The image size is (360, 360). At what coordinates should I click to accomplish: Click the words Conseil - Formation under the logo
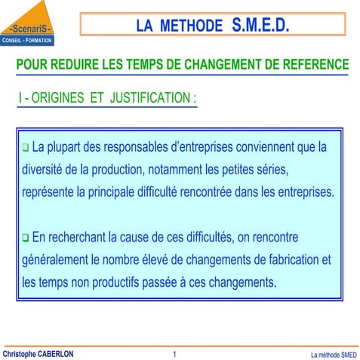click(26, 40)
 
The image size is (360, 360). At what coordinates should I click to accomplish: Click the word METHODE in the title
click(191, 26)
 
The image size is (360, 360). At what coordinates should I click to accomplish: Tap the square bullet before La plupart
click(25, 146)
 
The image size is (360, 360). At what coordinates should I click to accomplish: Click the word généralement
click(57, 260)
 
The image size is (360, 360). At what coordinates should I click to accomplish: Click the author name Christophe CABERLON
click(38, 353)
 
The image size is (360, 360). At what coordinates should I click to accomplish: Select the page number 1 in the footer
click(174, 353)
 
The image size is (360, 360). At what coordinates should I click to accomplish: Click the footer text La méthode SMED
click(334, 354)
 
